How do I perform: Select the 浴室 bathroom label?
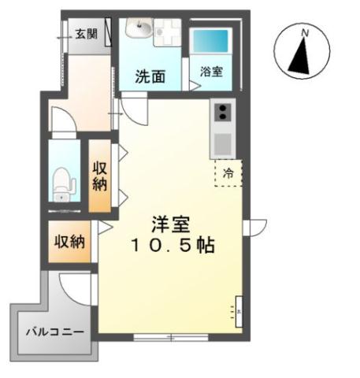[210, 71]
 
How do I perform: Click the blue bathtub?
[210, 39]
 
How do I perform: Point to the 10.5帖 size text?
[173, 245]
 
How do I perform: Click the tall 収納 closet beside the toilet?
[100, 176]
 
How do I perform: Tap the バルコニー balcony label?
[53, 332]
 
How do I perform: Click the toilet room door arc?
[63, 121]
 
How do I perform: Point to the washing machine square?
[167, 32]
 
